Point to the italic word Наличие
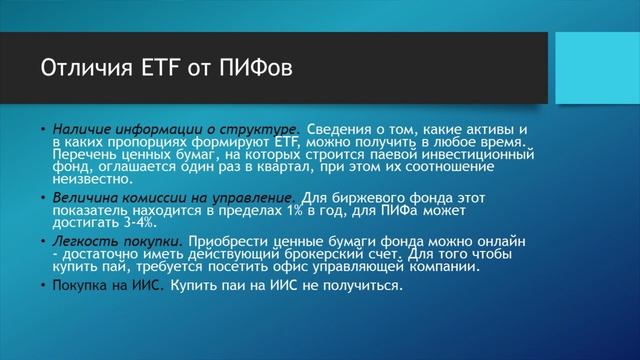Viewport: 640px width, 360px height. [x=80, y=131]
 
